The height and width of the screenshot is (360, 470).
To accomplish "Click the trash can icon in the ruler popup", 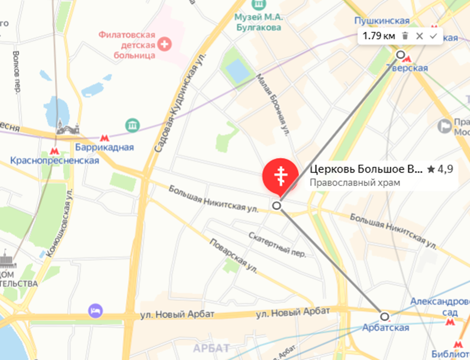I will (405, 36).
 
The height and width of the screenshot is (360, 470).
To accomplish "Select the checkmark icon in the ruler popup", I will (433, 36).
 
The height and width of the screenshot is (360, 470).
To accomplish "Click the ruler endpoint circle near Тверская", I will (401, 55).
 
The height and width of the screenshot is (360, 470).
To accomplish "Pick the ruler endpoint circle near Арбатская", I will (384, 316).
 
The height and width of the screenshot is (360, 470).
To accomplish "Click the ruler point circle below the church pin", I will (276, 205).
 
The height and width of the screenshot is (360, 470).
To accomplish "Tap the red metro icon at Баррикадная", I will (105, 138).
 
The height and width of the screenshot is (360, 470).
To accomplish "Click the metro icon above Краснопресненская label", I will (54, 151).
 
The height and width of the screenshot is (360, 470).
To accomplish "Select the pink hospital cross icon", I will (164, 45).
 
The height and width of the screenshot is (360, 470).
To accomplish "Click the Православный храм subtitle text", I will (355, 182).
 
